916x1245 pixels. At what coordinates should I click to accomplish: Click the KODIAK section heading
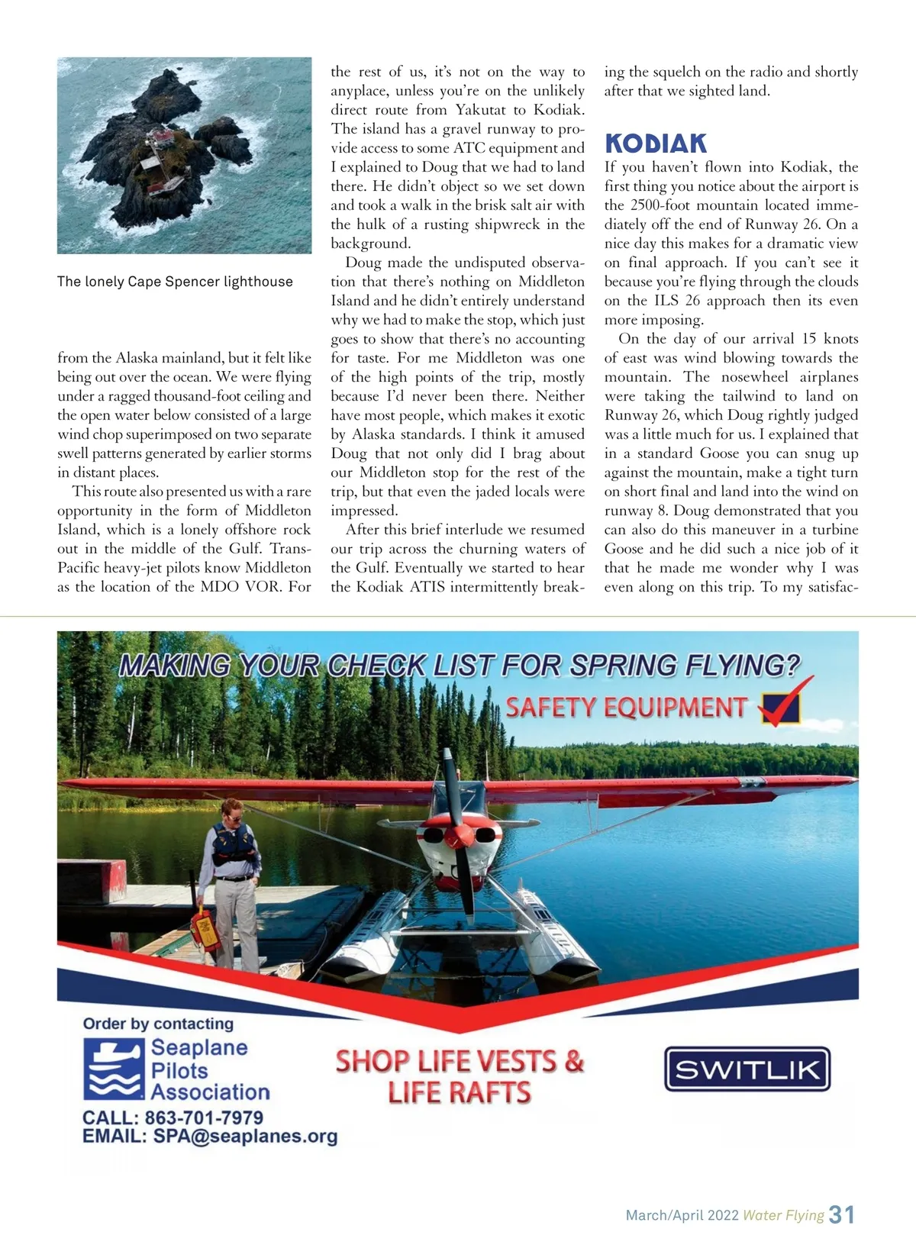click(656, 144)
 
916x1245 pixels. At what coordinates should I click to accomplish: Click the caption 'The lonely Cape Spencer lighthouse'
click(175, 282)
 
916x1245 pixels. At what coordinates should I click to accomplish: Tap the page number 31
click(842, 1214)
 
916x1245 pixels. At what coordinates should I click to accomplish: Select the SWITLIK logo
click(747, 1069)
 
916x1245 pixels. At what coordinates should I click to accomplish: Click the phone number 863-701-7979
click(204, 1118)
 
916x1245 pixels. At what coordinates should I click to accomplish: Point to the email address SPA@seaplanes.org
click(245, 1137)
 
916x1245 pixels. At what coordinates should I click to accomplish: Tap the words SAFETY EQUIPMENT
click(626, 708)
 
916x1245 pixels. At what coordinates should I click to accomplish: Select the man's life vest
click(234, 846)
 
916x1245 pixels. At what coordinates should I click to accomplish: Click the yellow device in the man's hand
click(205, 927)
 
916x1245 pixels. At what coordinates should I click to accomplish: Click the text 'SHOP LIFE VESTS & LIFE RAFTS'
click(460, 1076)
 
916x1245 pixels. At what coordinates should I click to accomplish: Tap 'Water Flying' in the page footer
click(783, 1215)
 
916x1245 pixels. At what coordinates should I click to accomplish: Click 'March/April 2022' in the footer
click(682, 1215)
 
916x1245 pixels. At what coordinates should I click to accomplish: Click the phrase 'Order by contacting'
click(158, 1024)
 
